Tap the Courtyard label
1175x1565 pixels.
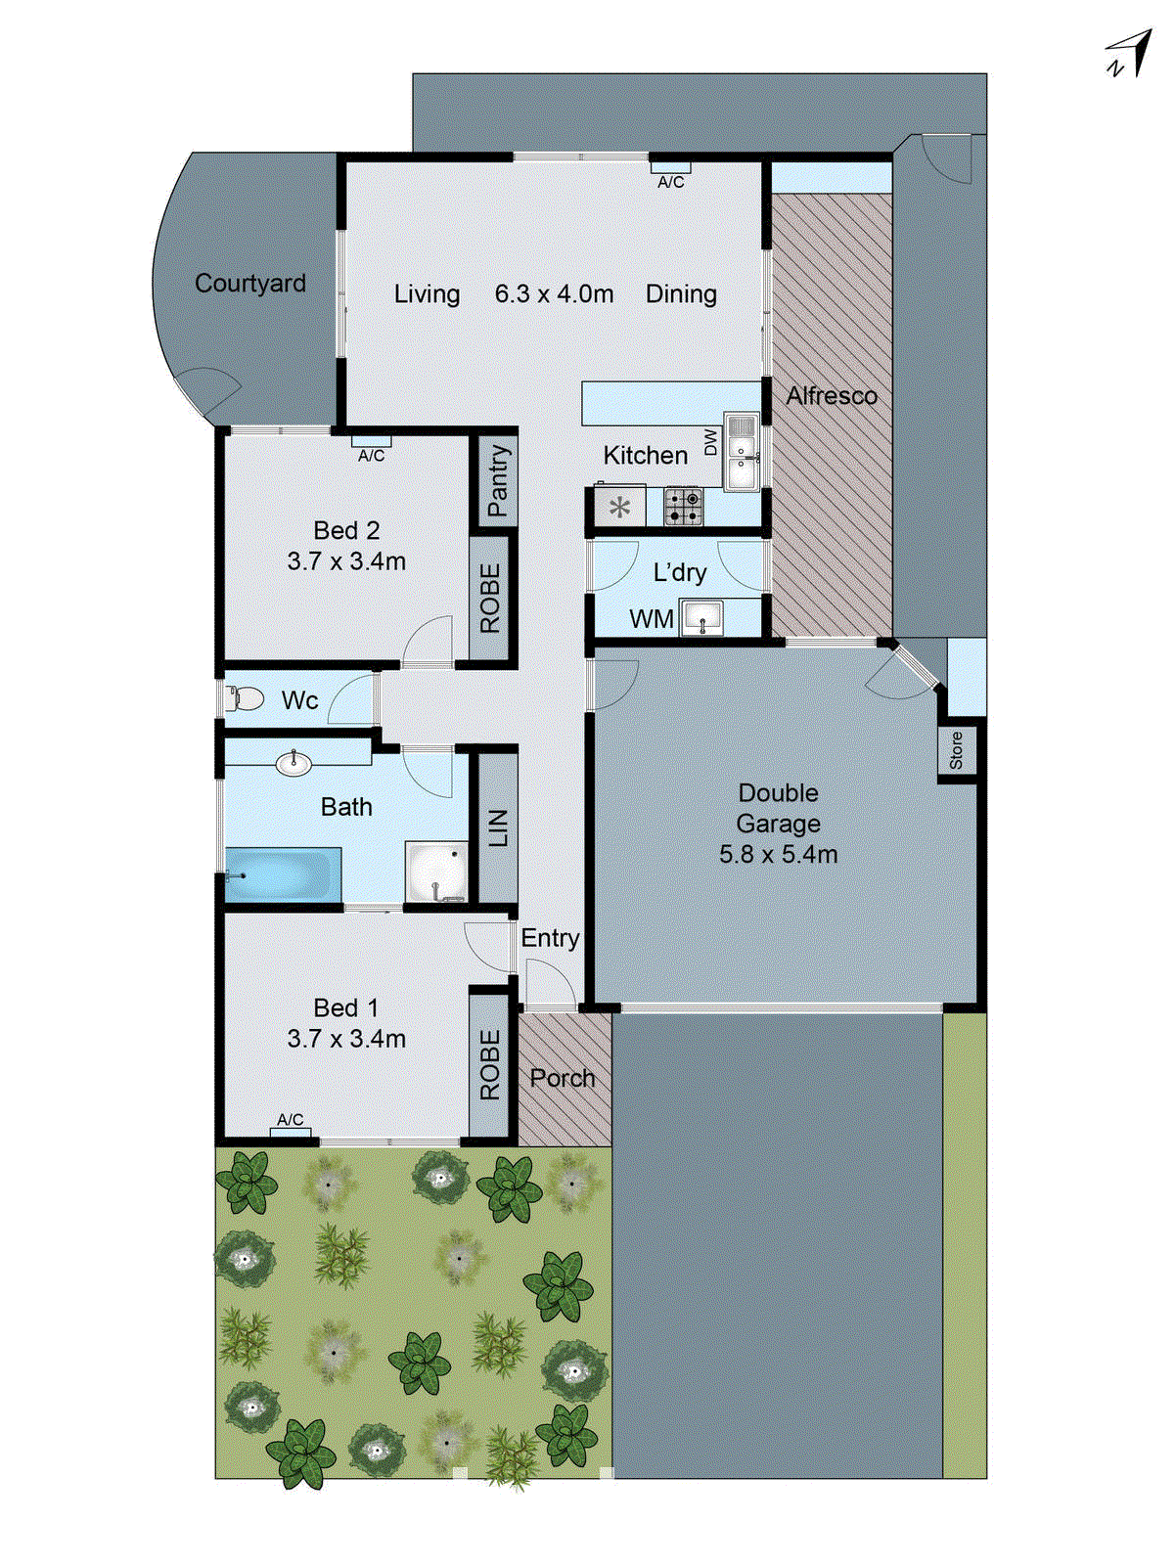click(x=249, y=284)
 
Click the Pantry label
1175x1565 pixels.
click(x=498, y=480)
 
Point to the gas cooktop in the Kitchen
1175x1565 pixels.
click(x=683, y=507)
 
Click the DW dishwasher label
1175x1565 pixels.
click(x=711, y=443)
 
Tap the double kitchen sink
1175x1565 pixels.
click(x=742, y=453)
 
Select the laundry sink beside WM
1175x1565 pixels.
click(x=701, y=617)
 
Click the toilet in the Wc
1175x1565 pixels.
click(x=245, y=698)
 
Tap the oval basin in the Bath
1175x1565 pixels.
click(x=294, y=763)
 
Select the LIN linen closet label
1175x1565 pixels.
click(x=498, y=827)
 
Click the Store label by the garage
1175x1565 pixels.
click(x=956, y=750)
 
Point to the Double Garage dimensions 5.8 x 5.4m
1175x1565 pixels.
click(x=778, y=855)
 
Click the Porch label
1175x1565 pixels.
click(x=562, y=1078)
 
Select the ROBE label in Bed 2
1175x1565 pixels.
click(x=490, y=598)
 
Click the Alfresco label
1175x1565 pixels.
click(x=832, y=396)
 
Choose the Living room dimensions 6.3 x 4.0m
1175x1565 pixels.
click(x=554, y=294)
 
